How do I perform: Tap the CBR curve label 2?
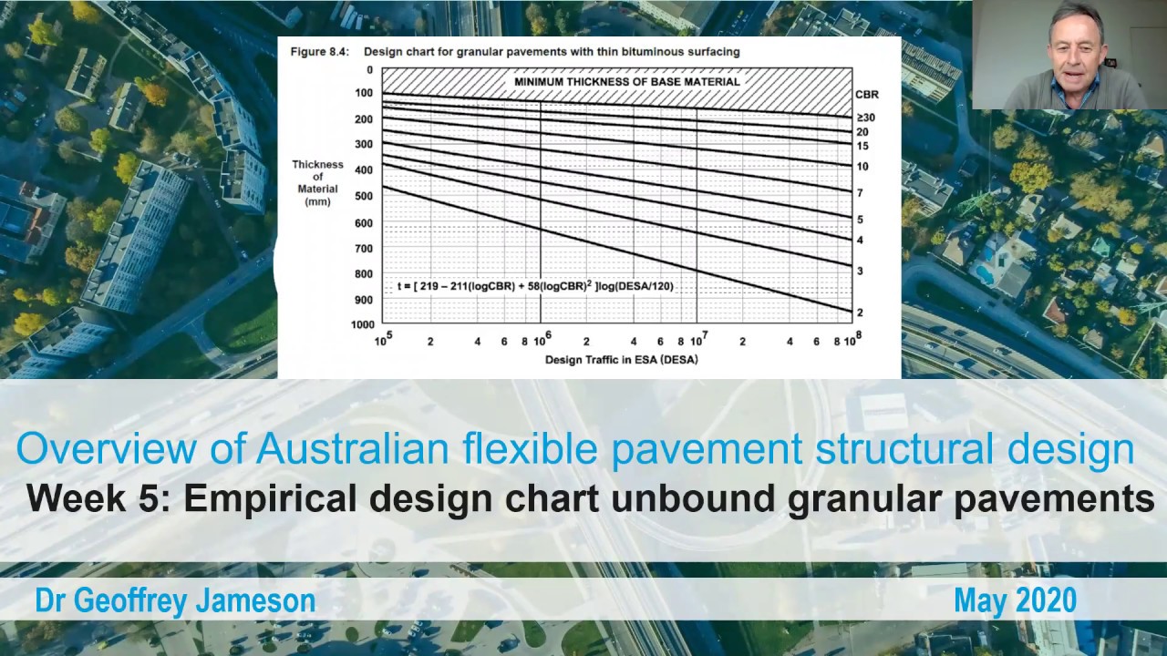point(860,313)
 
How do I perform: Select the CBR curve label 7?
point(860,193)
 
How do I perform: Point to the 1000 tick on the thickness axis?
point(362,324)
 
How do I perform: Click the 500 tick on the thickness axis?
point(365,196)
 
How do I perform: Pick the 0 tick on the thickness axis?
point(369,69)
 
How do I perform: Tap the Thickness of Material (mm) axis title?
point(317,182)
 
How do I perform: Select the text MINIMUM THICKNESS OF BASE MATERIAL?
point(626,81)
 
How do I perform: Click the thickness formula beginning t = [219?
point(535,286)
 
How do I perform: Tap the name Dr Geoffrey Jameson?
point(175,600)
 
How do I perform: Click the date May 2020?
point(1015,600)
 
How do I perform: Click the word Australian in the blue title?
point(352,449)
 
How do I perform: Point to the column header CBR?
point(866,95)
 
